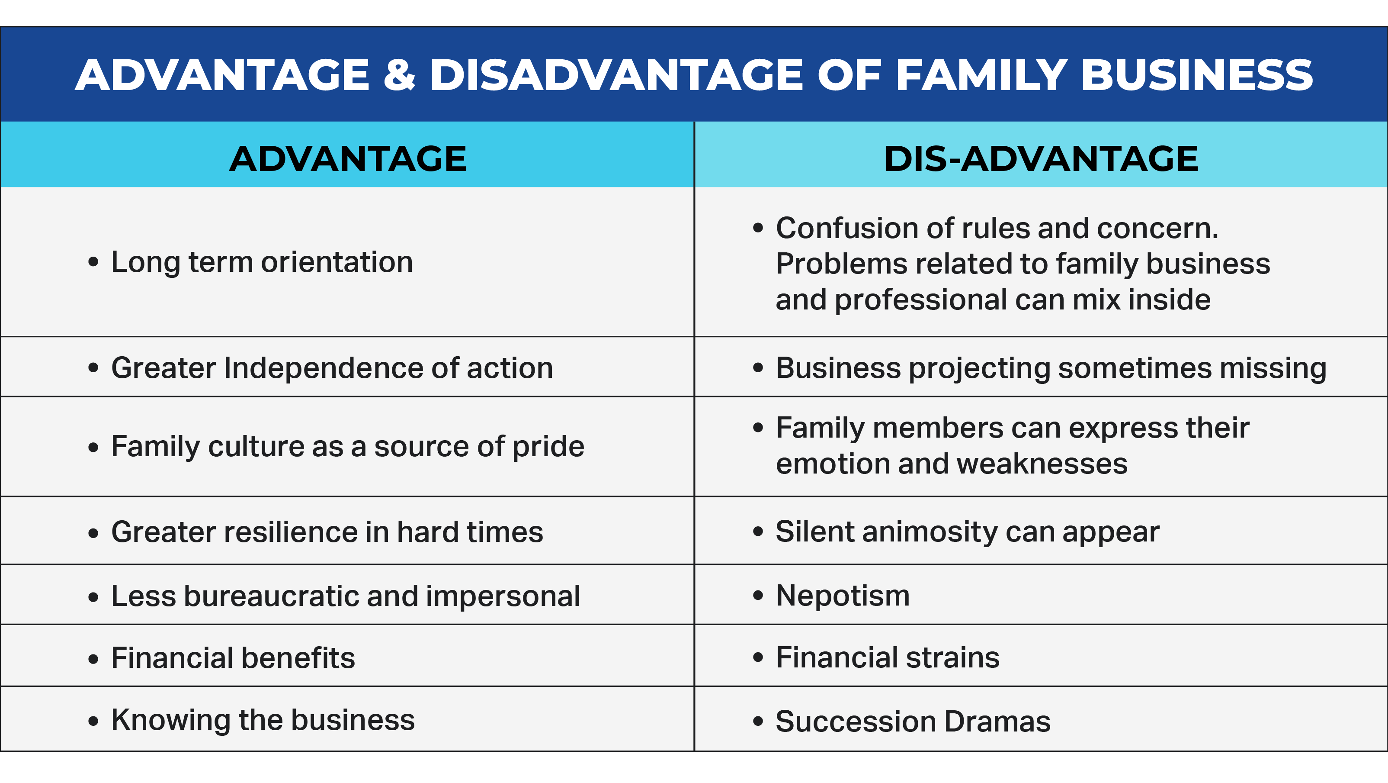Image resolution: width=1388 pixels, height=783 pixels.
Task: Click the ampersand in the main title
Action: coord(399,74)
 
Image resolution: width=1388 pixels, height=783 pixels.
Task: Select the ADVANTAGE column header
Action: coord(347,158)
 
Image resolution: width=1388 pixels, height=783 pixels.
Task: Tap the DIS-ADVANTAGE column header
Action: coord(1041,158)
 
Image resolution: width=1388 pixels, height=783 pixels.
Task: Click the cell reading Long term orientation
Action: coord(347,262)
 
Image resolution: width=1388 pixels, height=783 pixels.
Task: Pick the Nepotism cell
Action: coord(1041,595)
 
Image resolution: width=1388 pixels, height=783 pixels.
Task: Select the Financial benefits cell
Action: coord(347,656)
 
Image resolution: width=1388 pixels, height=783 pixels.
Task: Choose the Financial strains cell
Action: coord(1041,656)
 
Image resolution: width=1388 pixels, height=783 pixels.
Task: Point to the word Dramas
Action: coord(997,721)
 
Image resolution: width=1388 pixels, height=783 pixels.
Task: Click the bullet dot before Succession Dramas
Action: coord(758,722)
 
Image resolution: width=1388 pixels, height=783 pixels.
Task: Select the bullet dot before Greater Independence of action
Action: coord(93,368)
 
